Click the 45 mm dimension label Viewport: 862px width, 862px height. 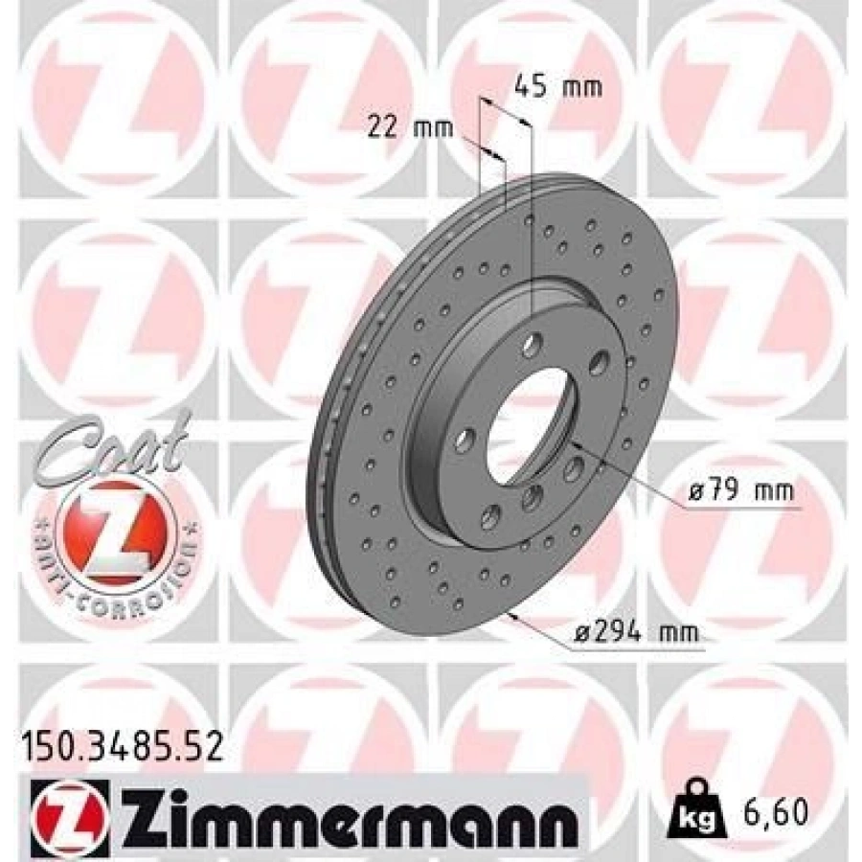pos(558,88)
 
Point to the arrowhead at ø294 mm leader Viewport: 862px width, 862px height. pos(518,618)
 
